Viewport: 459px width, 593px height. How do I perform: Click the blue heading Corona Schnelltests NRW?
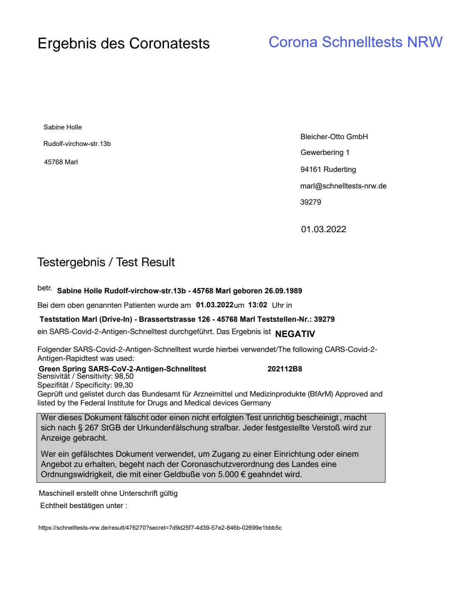pyautogui.click(x=355, y=42)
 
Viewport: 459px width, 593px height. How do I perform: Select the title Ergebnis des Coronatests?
pyautogui.click(x=123, y=43)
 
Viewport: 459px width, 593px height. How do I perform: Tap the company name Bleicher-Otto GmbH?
pyautogui.click(x=334, y=137)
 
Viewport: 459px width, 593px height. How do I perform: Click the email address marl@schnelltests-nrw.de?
pyautogui.click(x=343, y=186)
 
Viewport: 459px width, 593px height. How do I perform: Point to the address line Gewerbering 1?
pyautogui.click(x=325, y=152)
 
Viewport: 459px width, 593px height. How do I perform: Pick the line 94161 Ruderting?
pyautogui.click(x=328, y=169)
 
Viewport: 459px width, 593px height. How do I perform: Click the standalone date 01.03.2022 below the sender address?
pyautogui.click(x=323, y=229)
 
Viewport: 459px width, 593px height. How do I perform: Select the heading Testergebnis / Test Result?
pyautogui.click(x=106, y=262)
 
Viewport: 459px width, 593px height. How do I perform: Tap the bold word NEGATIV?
pyautogui.click(x=295, y=334)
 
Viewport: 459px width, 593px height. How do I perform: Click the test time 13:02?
pyautogui.click(x=258, y=305)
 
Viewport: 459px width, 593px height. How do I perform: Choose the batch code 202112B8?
pyautogui.click(x=285, y=369)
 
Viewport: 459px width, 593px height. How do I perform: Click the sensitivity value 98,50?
pyautogui.click(x=124, y=376)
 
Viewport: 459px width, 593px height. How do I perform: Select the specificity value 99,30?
pyautogui.click(x=123, y=385)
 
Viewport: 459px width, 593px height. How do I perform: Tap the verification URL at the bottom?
pyautogui.click(x=160, y=528)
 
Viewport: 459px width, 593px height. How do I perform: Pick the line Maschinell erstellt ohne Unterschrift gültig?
pyautogui.click(x=108, y=493)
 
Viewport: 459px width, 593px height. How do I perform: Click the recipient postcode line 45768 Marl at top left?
pyautogui.click(x=61, y=162)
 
